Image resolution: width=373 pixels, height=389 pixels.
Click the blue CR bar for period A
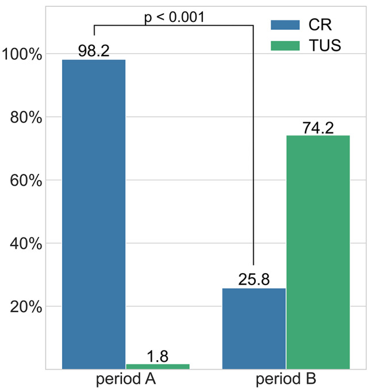(x=94, y=214)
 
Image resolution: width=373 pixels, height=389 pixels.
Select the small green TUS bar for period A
(x=157, y=366)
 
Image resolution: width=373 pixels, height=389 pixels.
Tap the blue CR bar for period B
(x=253, y=328)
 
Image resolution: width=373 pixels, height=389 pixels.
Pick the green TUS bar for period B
(x=318, y=252)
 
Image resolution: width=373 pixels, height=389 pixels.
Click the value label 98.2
(x=94, y=51)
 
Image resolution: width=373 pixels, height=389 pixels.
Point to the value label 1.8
(x=157, y=356)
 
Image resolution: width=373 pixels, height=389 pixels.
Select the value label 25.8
(x=253, y=280)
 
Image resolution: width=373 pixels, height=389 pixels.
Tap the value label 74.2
(x=318, y=127)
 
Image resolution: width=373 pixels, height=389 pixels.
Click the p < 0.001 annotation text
(x=174, y=17)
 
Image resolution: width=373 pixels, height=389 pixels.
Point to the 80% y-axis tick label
(x=26, y=118)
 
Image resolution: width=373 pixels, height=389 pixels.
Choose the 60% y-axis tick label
(x=26, y=181)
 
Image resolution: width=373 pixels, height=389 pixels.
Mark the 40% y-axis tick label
(x=26, y=244)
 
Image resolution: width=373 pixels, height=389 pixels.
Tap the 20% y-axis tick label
(x=26, y=307)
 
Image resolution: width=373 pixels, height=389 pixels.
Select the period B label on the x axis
(x=286, y=379)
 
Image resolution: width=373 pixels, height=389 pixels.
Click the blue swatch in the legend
(x=285, y=25)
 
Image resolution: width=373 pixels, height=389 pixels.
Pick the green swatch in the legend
(x=285, y=45)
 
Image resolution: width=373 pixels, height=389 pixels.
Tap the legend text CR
(x=319, y=25)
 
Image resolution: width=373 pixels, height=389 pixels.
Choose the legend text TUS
(x=324, y=45)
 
